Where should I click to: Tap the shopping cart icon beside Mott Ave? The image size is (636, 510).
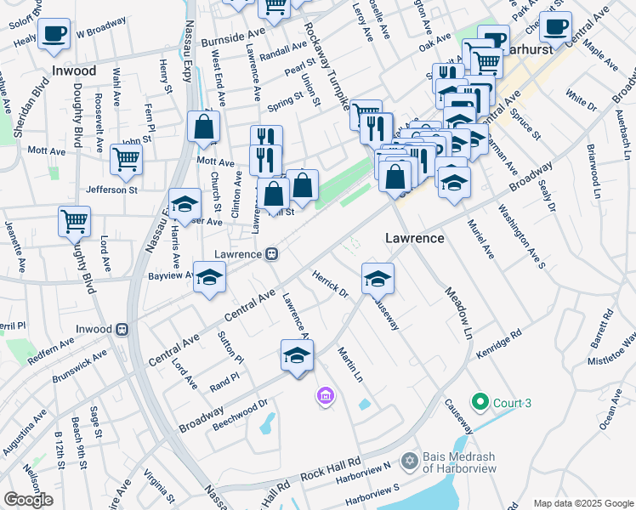click(126, 157)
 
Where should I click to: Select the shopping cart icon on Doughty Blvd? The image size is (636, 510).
click(75, 221)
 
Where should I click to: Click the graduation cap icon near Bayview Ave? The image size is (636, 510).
click(209, 277)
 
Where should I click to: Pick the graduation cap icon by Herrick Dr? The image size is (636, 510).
click(378, 277)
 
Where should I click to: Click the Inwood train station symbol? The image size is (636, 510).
click(122, 329)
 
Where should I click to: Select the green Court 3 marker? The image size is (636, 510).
click(480, 402)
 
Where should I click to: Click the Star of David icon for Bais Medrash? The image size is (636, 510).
click(409, 460)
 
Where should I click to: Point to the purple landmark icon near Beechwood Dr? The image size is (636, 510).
click(324, 395)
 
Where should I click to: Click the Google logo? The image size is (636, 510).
click(27, 500)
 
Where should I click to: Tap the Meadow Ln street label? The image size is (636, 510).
click(456, 313)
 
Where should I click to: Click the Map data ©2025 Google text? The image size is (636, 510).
click(583, 503)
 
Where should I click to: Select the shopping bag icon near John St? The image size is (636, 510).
click(204, 128)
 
